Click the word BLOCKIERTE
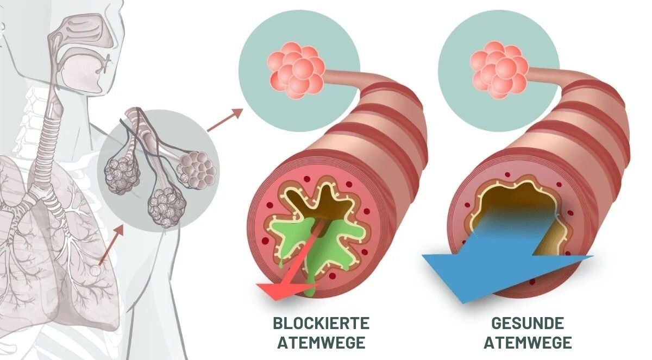tap(322, 324)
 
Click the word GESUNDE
tap(528, 324)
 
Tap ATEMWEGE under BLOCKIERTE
tap(322, 343)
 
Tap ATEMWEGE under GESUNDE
tap(528, 343)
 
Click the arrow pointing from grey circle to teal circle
tap(224, 120)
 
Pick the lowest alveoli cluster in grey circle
tap(166, 207)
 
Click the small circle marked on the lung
tap(95, 271)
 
